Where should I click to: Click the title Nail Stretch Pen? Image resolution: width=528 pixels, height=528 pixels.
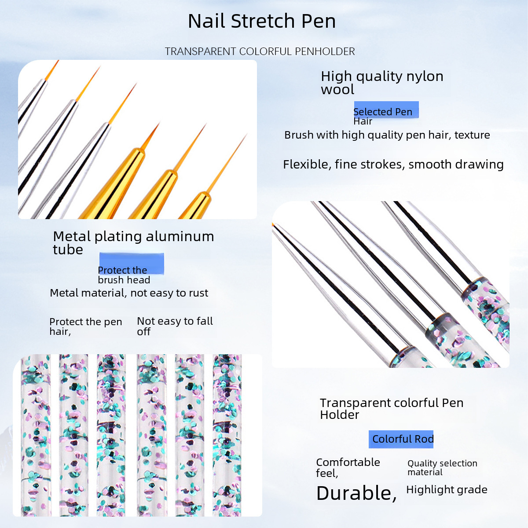tap(262, 21)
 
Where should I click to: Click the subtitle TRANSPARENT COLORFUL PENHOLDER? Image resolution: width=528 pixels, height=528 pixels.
tap(260, 51)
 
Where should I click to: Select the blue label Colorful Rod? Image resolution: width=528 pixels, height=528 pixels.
tap(401, 439)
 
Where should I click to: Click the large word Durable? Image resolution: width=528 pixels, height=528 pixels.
tap(356, 493)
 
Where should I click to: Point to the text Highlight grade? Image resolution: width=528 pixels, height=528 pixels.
tap(447, 490)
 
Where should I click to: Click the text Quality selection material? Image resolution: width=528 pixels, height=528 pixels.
tap(442, 467)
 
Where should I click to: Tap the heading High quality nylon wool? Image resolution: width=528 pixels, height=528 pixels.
tap(382, 83)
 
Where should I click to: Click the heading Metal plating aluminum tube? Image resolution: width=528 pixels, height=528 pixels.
tap(133, 243)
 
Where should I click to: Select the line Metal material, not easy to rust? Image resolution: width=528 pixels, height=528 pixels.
tap(129, 293)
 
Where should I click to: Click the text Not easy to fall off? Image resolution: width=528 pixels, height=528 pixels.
tap(175, 326)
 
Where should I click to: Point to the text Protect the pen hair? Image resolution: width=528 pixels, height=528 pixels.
tap(85, 326)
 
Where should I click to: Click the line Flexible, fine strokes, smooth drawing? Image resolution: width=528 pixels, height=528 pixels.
tap(393, 165)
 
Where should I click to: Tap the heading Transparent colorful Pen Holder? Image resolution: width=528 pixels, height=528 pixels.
tap(392, 408)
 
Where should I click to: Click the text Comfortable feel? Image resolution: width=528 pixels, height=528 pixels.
tap(348, 468)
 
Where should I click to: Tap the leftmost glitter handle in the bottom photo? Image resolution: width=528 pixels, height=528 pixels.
tap(36, 435)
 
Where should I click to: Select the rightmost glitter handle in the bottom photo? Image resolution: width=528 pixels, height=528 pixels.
tap(227, 435)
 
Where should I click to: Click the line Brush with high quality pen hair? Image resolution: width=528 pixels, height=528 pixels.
tap(387, 135)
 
